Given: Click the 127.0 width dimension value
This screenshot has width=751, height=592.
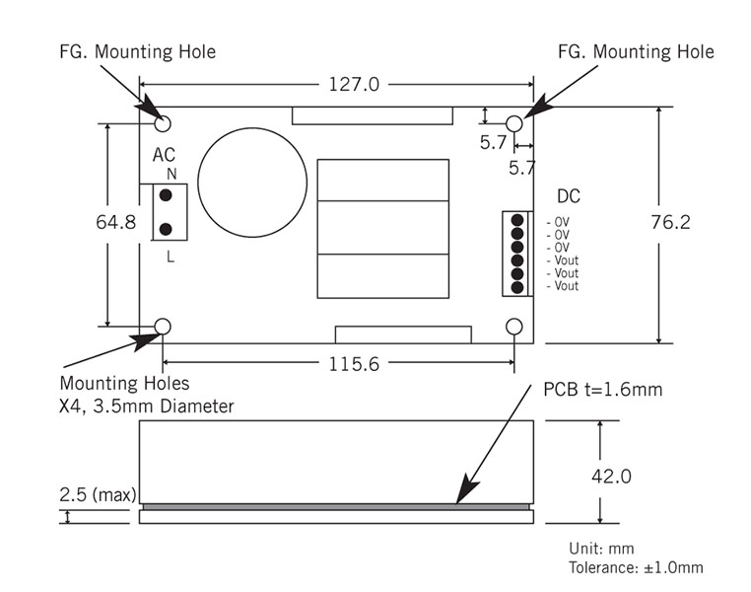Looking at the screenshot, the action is (354, 85).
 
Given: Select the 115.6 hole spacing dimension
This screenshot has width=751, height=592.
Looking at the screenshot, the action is (354, 364).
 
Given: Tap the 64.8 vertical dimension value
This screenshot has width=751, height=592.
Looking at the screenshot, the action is (116, 222).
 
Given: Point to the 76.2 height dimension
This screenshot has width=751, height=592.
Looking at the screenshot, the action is (670, 222).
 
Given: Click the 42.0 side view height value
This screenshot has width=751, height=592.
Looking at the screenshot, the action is (611, 476).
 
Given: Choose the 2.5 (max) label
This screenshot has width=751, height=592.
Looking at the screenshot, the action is (98, 494).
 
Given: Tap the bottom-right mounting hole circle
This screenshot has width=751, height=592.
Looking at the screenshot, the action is (513, 327).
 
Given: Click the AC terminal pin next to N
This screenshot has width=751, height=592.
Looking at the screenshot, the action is (166, 195).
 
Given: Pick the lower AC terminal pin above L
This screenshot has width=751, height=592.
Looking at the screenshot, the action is (166, 229).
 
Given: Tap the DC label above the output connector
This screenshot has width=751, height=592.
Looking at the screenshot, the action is (569, 196).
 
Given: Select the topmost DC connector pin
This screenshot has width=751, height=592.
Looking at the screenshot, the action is (516, 220).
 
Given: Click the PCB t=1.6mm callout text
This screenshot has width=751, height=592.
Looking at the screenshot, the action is (603, 389).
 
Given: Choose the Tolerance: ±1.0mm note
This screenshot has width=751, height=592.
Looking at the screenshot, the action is (636, 567).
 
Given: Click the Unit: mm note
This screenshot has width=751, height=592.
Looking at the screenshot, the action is (601, 548).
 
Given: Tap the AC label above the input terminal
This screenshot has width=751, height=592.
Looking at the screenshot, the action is (164, 155).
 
